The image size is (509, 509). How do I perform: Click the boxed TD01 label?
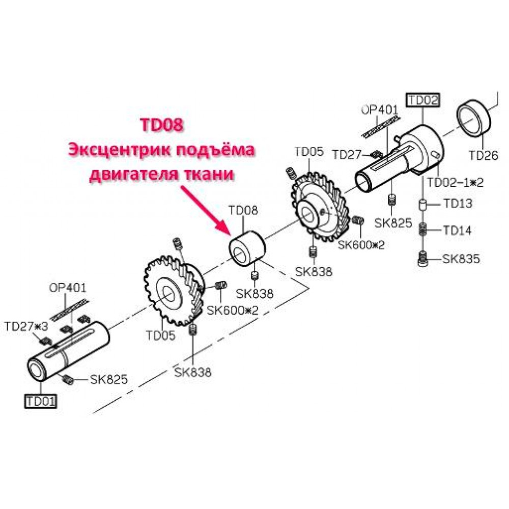tap(41, 402)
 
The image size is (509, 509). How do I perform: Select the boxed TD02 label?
tap(423, 100)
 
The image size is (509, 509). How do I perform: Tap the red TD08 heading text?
tap(161, 125)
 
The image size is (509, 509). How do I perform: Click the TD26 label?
tap(484, 156)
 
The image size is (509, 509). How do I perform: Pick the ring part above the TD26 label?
tap(473, 119)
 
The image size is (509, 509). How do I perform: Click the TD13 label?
tap(458, 204)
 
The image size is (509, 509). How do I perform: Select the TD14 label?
tap(458, 231)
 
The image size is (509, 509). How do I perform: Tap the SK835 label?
tap(461, 259)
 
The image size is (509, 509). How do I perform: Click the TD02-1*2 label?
tap(455, 182)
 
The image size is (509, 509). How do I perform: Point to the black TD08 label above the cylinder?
tap(243, 210)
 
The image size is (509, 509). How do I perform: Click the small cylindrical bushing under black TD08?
tap(247, 248)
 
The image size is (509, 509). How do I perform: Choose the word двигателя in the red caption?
tap(132, 175)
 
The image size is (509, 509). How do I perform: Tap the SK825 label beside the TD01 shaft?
tap(109, 379)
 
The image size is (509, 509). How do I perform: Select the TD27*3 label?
tap(26, 326)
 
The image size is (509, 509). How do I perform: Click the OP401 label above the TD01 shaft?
tap(68, 288)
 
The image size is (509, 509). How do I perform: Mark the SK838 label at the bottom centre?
tap(193, 372)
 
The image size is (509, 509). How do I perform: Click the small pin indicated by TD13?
tap(422, 205)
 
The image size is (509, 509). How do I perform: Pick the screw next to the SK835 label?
tap(422, 259)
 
